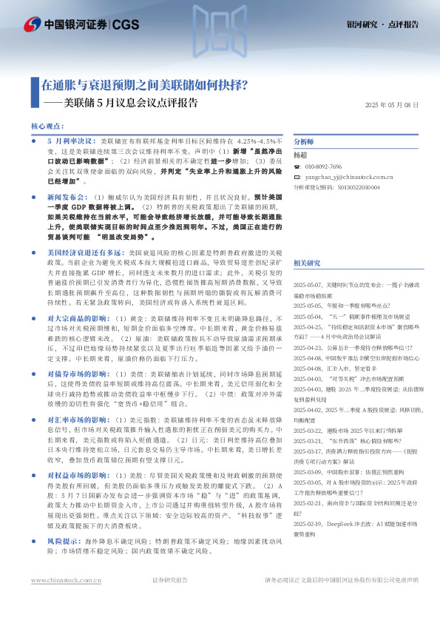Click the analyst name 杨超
click(x=300, y=155)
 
